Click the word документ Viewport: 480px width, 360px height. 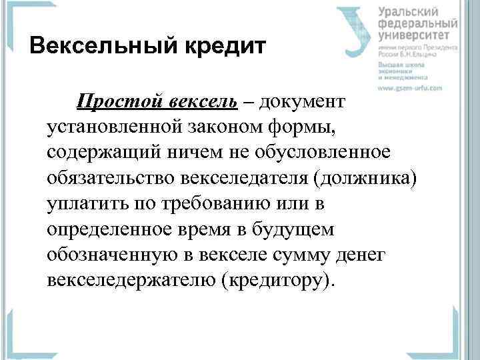(x=302, y=102)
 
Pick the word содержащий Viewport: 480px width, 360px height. (x=101, y=153)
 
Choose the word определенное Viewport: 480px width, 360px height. (x=107, y=229)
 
